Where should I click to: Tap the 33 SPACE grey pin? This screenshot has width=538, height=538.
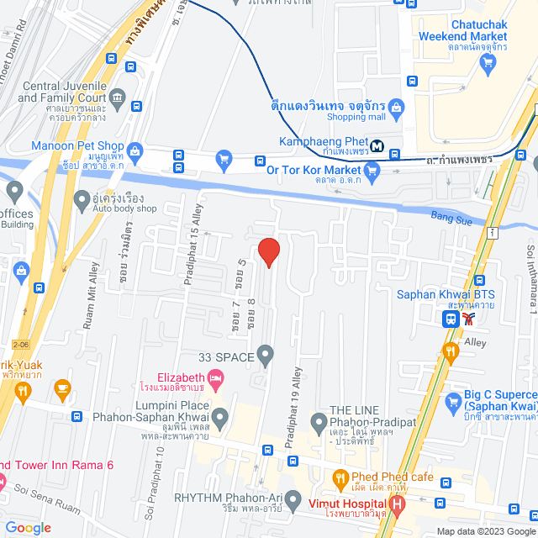(x=266, y=357)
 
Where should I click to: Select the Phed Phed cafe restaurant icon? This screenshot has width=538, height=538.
(x=341, y=478)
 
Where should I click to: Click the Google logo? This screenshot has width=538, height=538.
(x=27, y=528)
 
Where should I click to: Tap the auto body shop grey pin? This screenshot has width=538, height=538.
(x=82, y=200)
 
